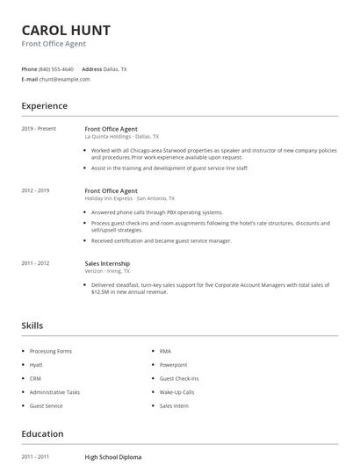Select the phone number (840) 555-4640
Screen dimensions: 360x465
(x=56, y=68)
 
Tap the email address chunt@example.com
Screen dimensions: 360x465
(x=64, y=79)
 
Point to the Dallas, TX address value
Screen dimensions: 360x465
(x=115, y=68)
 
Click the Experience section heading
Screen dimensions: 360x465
(x=44, y=106)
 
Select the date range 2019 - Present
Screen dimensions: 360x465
(x=39, y=129)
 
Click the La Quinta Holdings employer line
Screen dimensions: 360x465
(x=121, y=137)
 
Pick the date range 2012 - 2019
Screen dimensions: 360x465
(x=35, y=190)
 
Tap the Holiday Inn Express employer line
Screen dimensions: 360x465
(x=129, y=198)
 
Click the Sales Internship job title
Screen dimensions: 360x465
(x=107, y=263)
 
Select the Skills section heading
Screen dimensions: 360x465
(x=32, y=325)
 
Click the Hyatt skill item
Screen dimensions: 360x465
(x=36, y=364)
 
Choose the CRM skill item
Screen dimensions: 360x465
(x=35, y=378)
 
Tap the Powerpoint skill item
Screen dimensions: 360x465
(x=173, y=364)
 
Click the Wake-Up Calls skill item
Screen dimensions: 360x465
(x=176, y=392)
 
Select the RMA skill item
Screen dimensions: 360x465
(x=165, y=351)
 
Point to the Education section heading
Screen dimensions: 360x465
(x=42, y=433)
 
